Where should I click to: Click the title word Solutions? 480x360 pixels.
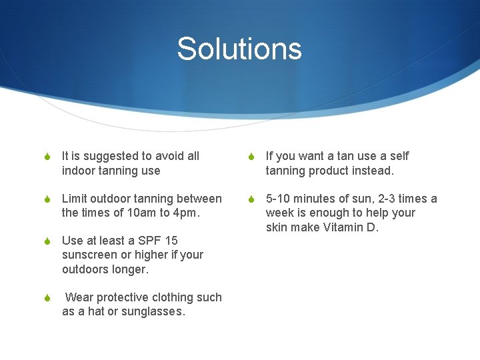pos(239,49)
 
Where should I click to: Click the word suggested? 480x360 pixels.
pos(111,156)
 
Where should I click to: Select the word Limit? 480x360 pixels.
pos(74,199)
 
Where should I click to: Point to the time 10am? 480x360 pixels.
pos(142,213)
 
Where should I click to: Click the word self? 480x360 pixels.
pos(399,156)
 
